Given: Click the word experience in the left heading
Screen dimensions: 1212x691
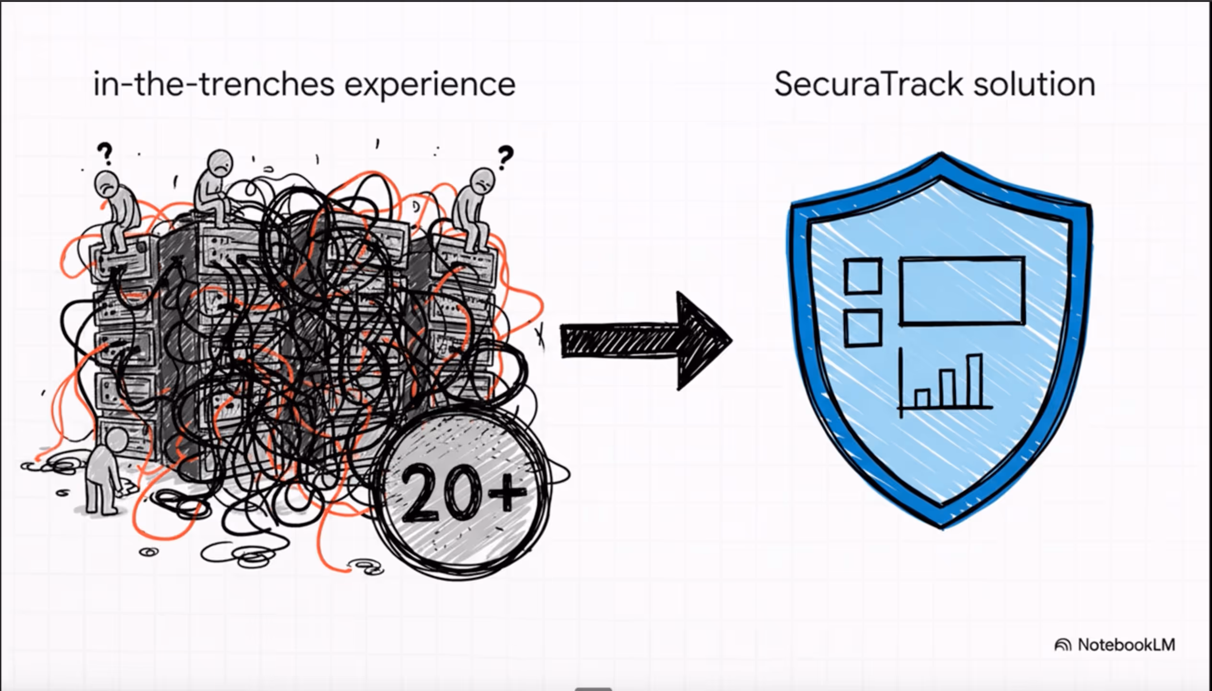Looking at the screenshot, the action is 430,85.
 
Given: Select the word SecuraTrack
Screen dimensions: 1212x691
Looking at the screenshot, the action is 868,84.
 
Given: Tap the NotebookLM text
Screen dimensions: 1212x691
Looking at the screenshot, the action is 1126,645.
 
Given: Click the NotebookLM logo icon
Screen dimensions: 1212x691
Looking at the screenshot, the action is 1062,645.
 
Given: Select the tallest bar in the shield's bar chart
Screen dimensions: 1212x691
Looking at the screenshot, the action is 975,380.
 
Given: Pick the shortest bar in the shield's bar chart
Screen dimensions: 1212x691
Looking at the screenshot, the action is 922,397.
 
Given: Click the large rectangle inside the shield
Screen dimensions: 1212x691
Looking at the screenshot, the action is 962,291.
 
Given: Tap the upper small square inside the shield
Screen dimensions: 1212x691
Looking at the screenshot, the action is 862,276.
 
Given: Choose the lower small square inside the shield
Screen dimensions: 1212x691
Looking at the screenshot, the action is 862,328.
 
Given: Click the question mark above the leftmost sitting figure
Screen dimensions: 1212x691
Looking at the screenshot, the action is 105,153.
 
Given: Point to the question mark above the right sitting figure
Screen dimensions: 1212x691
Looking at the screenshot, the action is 505,157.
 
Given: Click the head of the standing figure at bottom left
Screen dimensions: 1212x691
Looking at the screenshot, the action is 117,439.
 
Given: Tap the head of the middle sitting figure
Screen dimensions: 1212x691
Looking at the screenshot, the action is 220,163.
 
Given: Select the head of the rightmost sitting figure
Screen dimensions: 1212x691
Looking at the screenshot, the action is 482,180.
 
